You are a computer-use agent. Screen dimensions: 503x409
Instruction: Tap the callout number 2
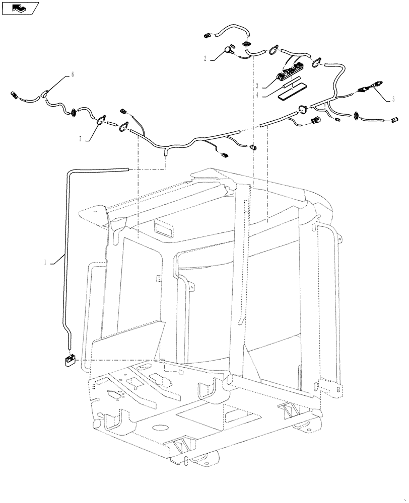pos(206,59)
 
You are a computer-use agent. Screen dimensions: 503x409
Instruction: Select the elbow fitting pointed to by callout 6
pos(45,94)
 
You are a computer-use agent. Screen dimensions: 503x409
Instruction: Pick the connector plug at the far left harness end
pos(14,94)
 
